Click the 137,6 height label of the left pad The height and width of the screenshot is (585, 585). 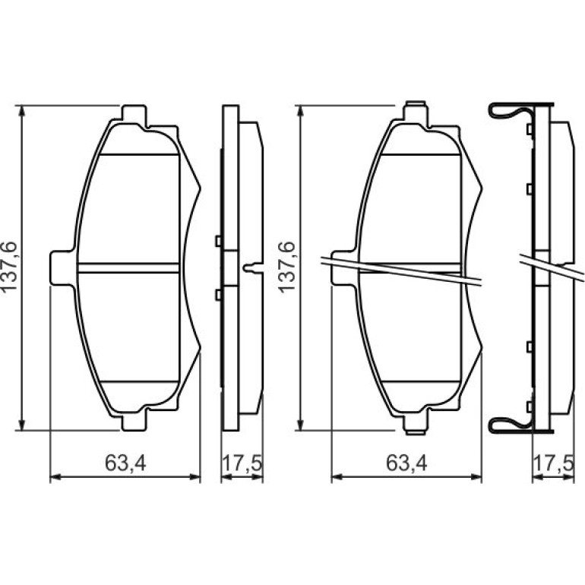(x=9, y=267)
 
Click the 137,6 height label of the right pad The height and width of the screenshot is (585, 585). (x=288, y=267)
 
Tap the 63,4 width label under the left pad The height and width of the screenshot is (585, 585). (x=125, y=463)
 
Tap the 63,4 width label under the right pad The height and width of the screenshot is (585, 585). (x=406, y=463)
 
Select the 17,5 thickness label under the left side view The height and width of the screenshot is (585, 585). (x=242, y=463)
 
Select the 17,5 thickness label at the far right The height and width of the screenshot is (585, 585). (x=554, y=463)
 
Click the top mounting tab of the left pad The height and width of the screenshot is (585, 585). (x=134, y=113)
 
